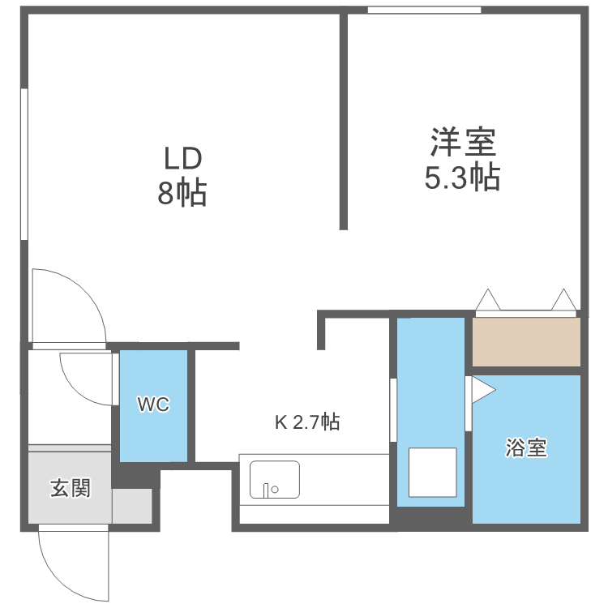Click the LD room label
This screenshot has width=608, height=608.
[x=182, y=157]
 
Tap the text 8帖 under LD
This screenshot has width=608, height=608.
[x=182, y=194]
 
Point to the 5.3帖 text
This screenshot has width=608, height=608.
[x=462, y=177]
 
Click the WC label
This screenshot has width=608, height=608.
[x=153, y=405]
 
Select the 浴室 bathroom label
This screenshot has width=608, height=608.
[x=526, y=447]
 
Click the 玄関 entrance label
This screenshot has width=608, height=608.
[x=71, y=488]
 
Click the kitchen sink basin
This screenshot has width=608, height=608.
[x=275, y=479]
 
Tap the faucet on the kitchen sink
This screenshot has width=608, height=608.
[x=267, y=489]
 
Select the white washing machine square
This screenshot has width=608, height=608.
[x=432, y=471]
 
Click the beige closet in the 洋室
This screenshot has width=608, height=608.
[x=526, y=341]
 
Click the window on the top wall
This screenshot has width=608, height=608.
[x=424, y=10]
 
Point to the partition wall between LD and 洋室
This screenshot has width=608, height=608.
[x=344, y=122]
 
